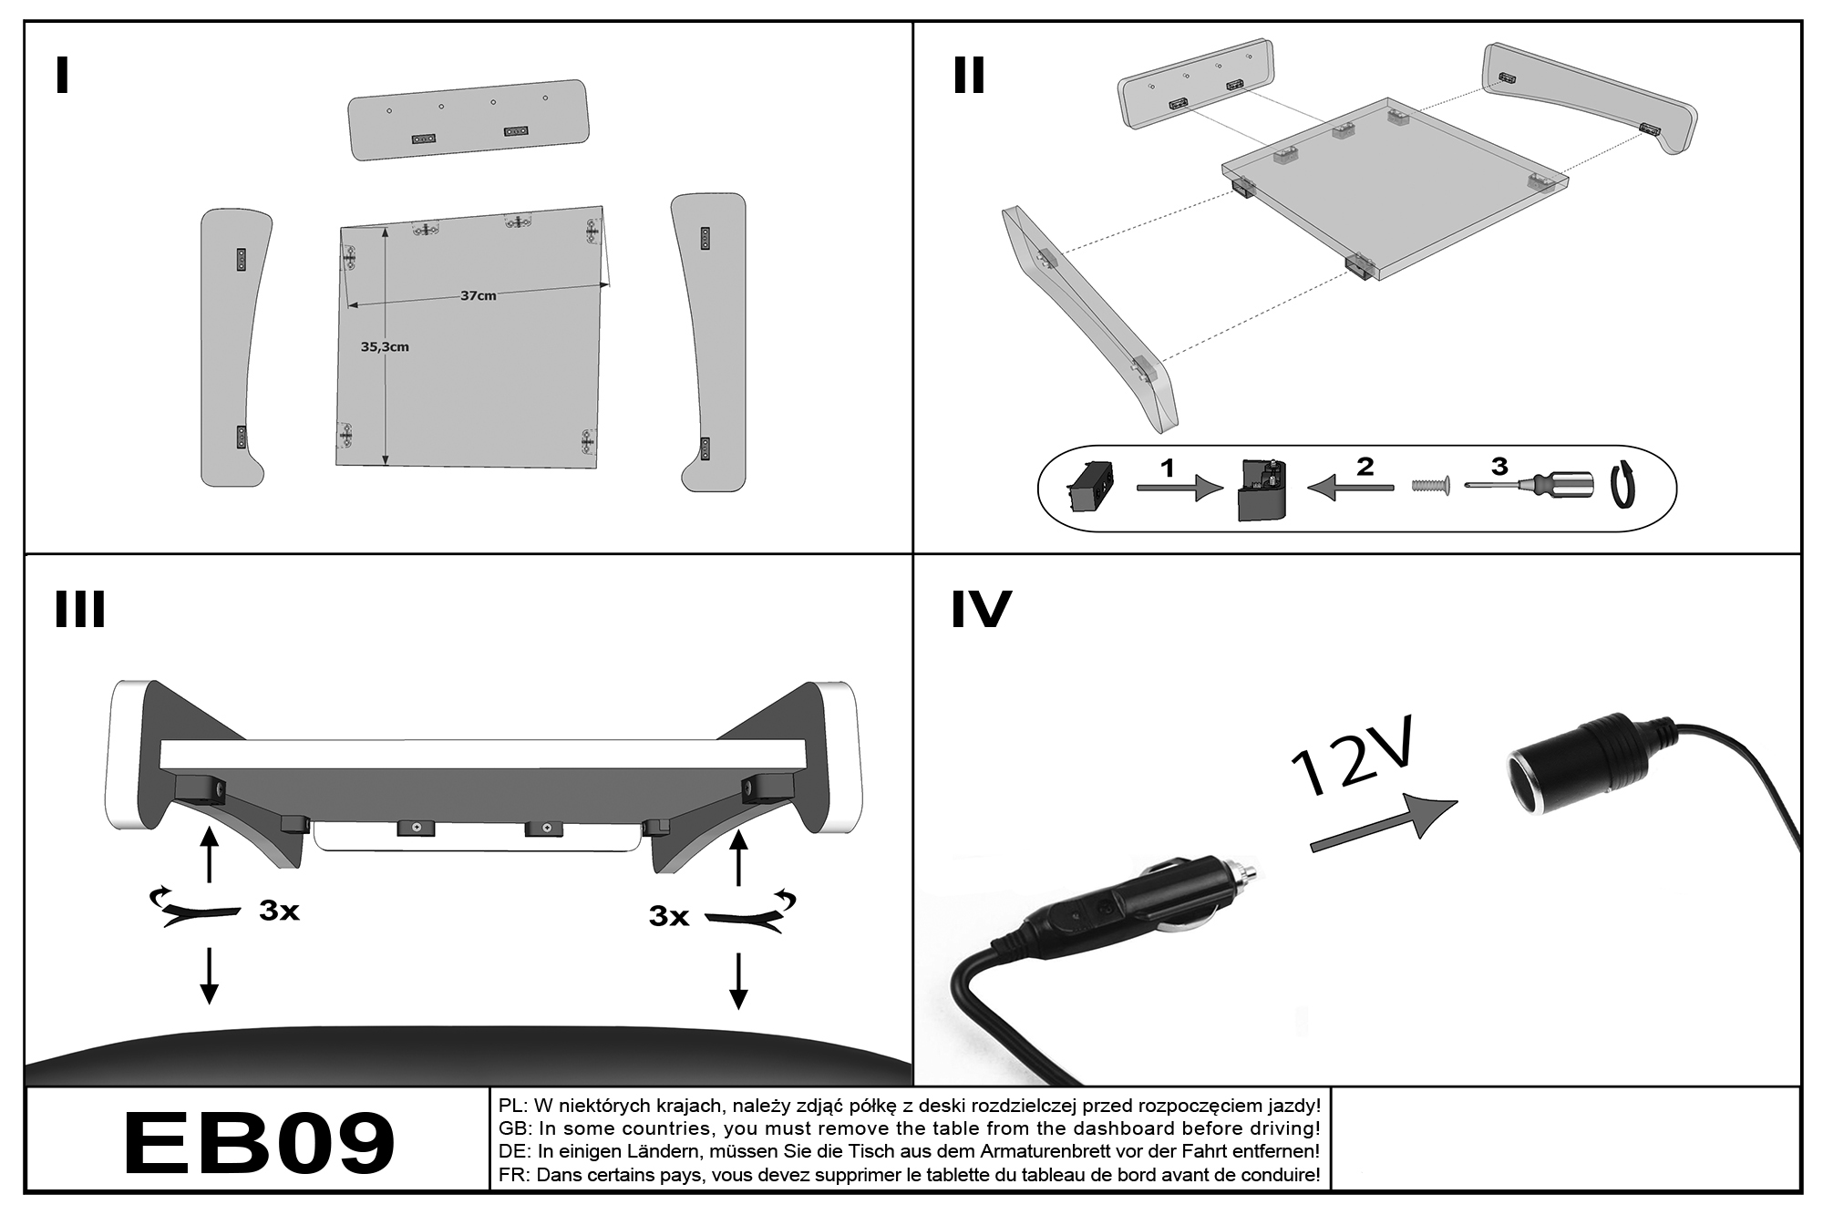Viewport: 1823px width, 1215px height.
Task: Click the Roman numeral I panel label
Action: (x=62, y=76)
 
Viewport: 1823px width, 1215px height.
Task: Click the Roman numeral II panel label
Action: (x=969, y=76)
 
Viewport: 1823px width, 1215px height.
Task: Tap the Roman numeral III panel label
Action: (x=80, y=610)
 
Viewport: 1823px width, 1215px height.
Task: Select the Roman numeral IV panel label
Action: (x=981, y=610)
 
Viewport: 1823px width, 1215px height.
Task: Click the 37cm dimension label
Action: (x=478, y=295)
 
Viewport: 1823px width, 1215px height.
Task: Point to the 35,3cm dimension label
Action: (x=385, y=346)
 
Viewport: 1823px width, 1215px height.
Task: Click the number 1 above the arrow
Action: (x=1167, y=468)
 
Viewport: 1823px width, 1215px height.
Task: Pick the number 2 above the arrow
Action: (x=1365, y=467)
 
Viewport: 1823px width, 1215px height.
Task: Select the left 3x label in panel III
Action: (x=279, y=911)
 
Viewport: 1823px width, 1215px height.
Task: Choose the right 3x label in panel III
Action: (x=669, y=916)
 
